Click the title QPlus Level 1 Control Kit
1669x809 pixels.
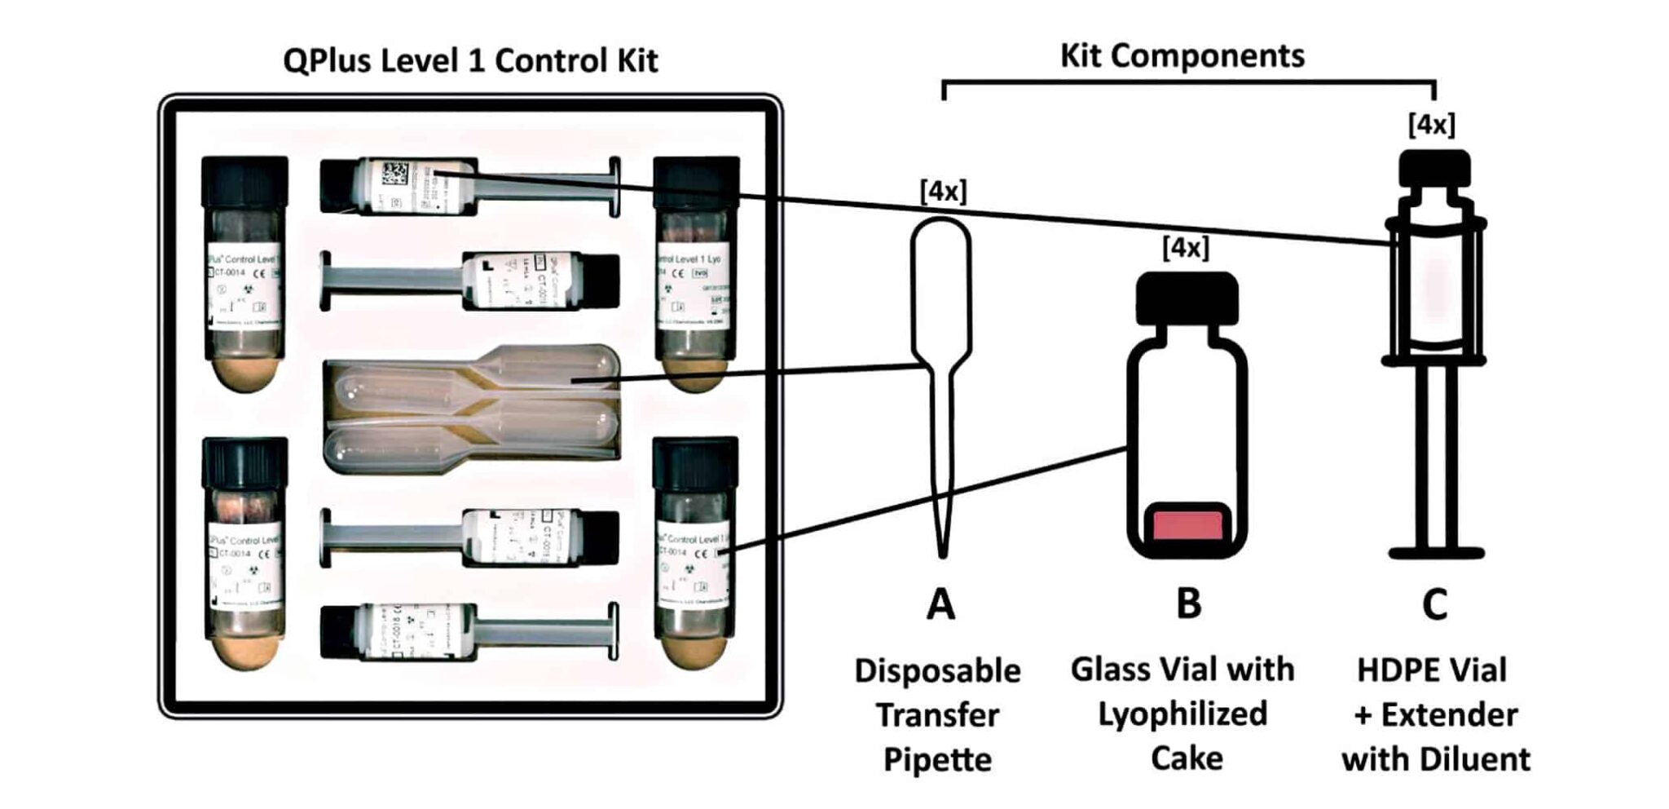pyautogui.click(x=470, y=61)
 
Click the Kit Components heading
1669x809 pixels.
pyautogui.click(x=1182, y=55)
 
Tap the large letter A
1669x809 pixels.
pyautogui.click(x=941, y=605)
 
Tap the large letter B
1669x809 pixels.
pyautogui.click(x=1189, y=604)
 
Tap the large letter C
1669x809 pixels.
pyautogui.click(x=1434, y=605)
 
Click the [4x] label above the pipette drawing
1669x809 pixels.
pyautogui.click(x=943, y=192)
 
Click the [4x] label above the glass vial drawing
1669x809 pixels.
pyautogui.click(x=1186, y=247)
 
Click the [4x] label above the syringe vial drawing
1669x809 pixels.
pyautogui.click(x=1431, y=125)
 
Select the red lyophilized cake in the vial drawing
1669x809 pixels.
pyautogui.click(x=1187, y=524)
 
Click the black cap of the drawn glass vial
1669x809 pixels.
pyautogui.click(x=1187, y=296)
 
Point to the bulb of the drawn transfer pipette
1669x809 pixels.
pyautogui.click(x=941, y=285)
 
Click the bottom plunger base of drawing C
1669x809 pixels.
pyautogui.click(x=1436, y=554)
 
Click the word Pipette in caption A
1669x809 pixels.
pyautogui.click(x=937, y=760)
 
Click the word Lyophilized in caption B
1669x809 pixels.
pyautogui.click(x=1182, y=714)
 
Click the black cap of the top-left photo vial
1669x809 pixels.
pyautogui.click(x=244, y=181)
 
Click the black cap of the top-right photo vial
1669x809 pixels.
pyautogui.click(x=697, y=181)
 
